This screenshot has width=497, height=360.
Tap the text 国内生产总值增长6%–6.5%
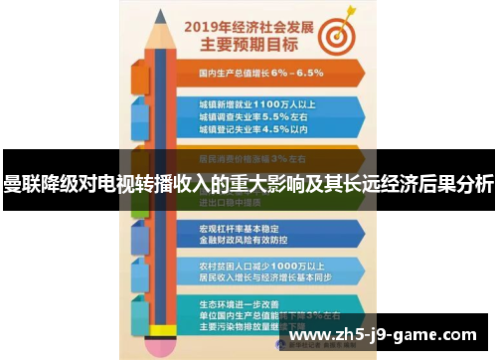click(x=260, y=72)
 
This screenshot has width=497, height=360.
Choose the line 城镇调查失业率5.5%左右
click(x=251, y=116)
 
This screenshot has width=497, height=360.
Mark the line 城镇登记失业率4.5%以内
click(x=251, y=129)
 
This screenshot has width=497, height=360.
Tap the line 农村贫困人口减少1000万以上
click(x=260, y=266)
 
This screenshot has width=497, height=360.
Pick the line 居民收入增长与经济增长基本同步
click(x=266, y=278)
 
